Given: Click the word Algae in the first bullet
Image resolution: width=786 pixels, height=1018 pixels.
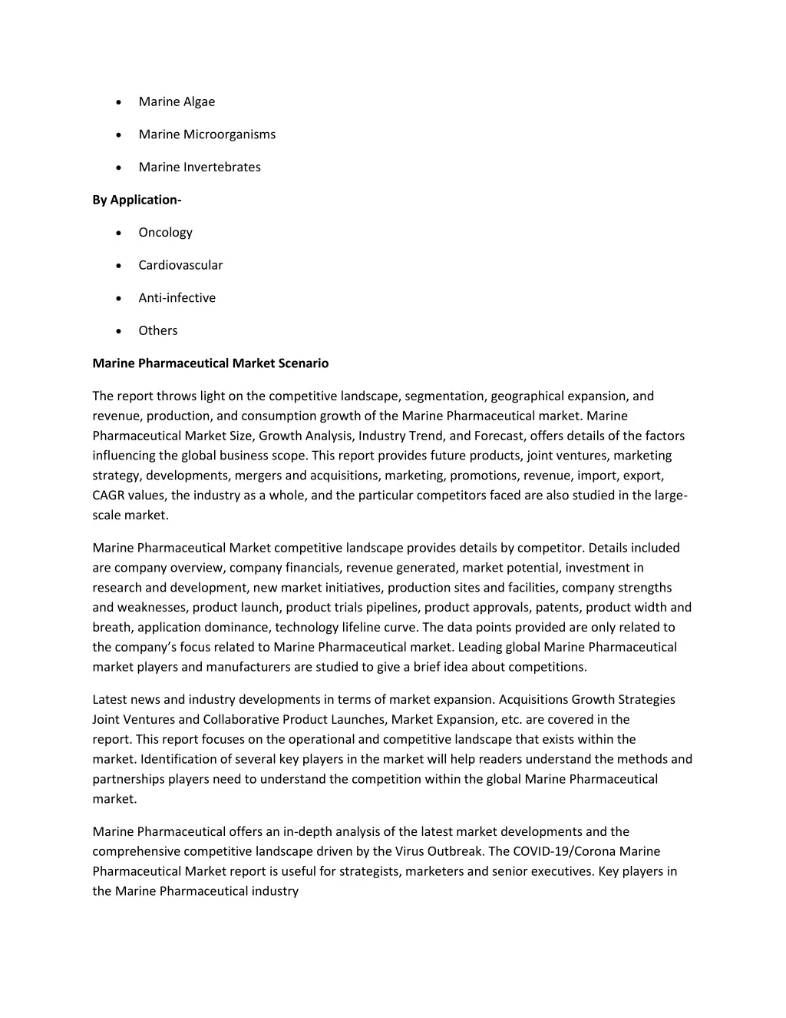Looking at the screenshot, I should click(x=199, y=101).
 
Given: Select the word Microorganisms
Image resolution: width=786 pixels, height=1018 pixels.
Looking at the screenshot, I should click(x=229, y=134).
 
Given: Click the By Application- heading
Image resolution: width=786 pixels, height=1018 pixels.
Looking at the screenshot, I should click(x=137, y=200).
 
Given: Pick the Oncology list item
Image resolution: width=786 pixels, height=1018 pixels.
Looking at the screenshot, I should click(x=165, y=232).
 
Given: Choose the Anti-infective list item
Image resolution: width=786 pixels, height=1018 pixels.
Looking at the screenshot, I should click(x=177, y=297).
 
